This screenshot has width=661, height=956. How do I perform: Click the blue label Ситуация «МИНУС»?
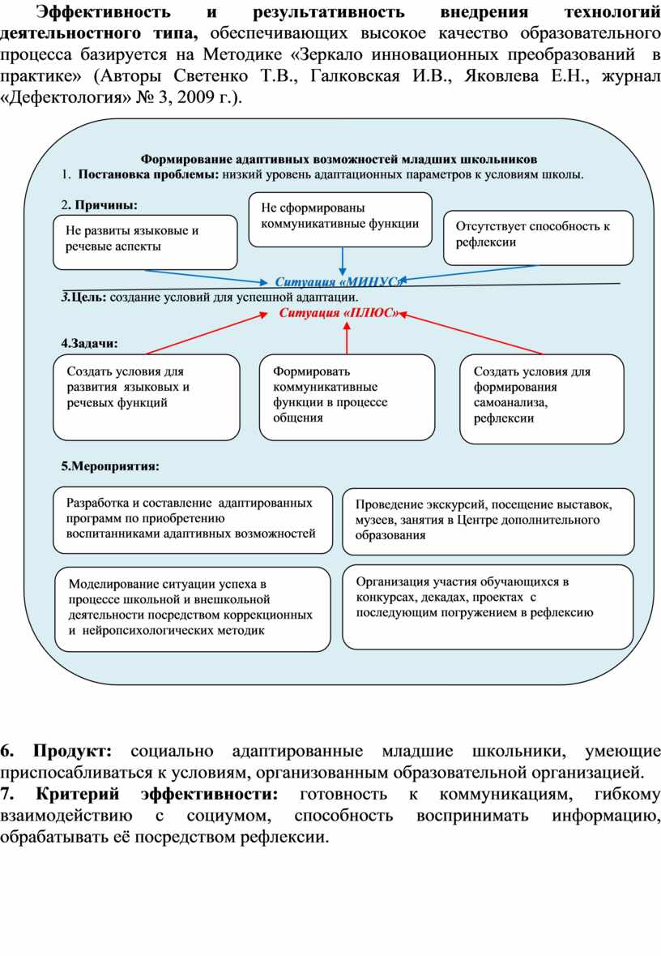coord(338,281)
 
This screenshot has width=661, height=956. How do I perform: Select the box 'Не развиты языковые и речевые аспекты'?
coord(145,241)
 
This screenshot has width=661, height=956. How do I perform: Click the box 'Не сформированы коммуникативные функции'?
coord(340,219)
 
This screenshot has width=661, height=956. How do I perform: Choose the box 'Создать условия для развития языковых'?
coord(147,396)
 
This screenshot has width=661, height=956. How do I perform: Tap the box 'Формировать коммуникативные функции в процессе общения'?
coord(347,396)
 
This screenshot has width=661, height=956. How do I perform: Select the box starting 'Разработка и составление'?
coord(193,519)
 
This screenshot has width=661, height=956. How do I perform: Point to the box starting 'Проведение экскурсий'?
coord(488,521)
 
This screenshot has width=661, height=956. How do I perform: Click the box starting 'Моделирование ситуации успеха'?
coord(192,608)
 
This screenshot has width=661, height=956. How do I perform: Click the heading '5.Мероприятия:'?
coord(109,467)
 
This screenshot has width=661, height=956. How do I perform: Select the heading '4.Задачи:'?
coord(89,343)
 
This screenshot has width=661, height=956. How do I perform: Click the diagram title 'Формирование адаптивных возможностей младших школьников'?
coord(339,159)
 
